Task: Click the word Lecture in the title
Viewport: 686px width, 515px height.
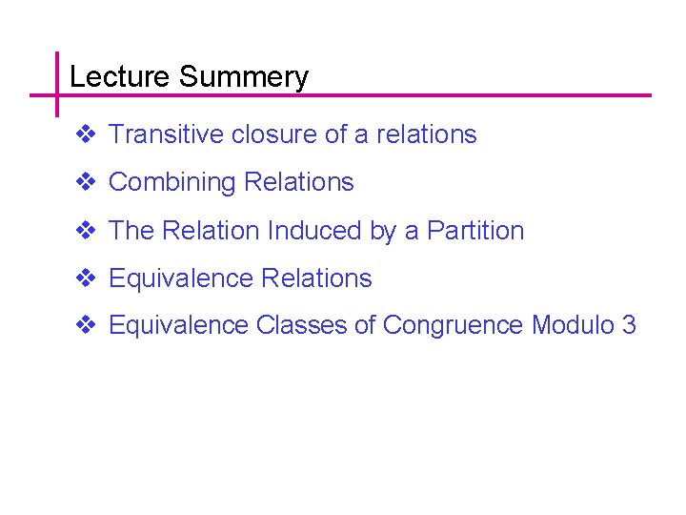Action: pos(120,77)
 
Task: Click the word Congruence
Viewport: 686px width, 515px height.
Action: pos(454,325)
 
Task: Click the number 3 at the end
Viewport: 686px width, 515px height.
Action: pos(629,325)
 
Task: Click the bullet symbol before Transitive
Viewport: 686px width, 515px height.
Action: pos(84,134)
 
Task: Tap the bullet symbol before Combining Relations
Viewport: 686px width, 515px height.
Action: pos(84,182)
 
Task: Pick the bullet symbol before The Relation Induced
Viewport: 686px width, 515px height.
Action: pos(84,230)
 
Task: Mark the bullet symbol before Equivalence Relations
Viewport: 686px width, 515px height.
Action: pos(84,278)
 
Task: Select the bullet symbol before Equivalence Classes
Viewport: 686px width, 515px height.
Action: pos(84,325)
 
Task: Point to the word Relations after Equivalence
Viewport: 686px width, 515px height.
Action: pos(316,278)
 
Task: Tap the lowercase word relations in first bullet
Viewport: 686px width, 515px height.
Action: pos(426,134)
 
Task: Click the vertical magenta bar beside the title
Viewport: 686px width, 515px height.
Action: pos(56,83)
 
